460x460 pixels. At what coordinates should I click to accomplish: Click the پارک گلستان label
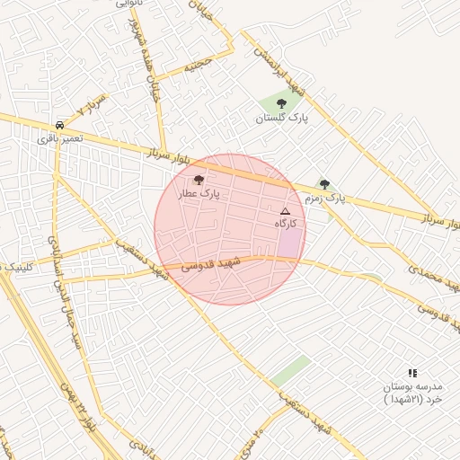click(281, 119)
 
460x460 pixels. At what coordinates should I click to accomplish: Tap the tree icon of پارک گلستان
click(282, 104)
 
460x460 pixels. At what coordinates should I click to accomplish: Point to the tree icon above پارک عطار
click(199, 180)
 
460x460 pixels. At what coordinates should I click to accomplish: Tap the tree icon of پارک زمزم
click(324, 183)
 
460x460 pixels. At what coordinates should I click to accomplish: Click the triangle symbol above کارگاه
click(286, 210)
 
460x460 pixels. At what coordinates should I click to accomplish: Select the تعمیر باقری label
click(59, 138)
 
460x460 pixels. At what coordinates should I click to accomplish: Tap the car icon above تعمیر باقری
click(58, 125)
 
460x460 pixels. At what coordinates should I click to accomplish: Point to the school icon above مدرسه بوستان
click(411, 372)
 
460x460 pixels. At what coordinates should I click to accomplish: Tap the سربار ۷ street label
click(92, 104)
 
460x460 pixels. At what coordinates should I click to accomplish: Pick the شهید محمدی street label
click(432, 277)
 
